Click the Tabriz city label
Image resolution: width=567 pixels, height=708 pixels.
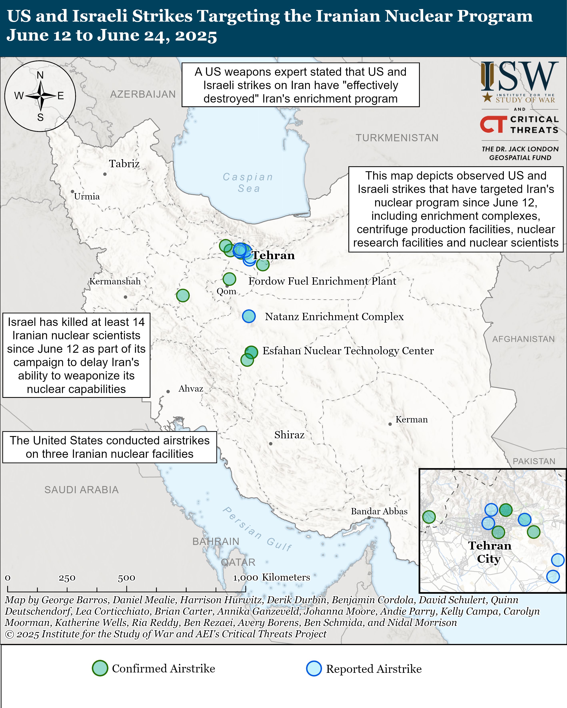124,163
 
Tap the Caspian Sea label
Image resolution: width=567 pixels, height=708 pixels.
248,183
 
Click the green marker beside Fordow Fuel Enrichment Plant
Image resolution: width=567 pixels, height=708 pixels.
229,279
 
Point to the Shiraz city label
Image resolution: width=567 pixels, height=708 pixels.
289,435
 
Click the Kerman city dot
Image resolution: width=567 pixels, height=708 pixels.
390,424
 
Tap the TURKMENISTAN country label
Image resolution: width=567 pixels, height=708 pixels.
397,138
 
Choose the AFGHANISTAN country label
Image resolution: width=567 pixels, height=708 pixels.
523,339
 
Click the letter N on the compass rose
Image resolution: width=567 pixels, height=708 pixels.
40,75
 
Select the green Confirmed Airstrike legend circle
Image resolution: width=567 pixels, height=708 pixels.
100,668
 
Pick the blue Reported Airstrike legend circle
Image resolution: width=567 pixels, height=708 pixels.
314,669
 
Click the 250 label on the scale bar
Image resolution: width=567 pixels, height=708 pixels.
67,578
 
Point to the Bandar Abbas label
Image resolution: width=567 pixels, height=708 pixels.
379,511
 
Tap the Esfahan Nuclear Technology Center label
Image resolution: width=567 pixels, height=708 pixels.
348,351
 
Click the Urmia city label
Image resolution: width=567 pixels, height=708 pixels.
87,196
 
